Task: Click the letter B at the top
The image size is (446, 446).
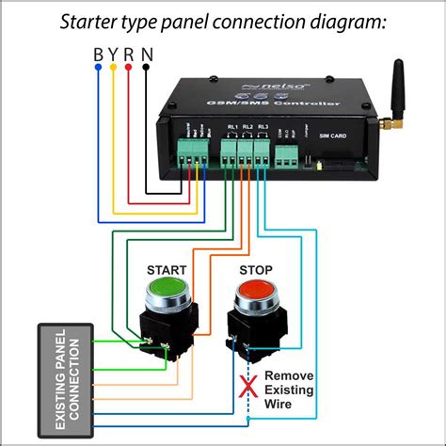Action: tap(99, 55)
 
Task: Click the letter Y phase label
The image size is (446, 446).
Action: tap(114, 55)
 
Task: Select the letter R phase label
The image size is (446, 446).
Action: tap(129, 55)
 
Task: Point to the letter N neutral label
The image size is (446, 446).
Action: tap(146, 55)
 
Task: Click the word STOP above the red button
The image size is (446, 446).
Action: tap(255, 270)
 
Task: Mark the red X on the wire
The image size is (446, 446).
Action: tap(249, 386)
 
